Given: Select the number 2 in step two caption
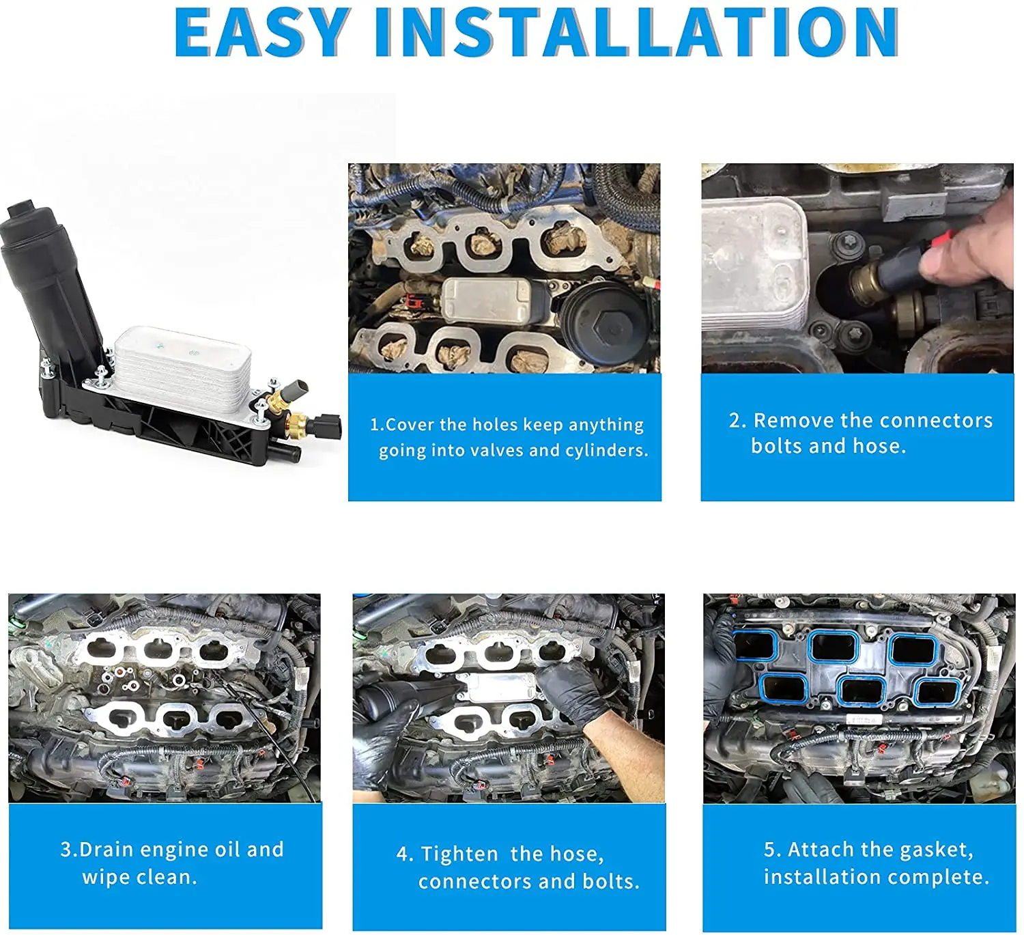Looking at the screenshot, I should click(735, 420).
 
